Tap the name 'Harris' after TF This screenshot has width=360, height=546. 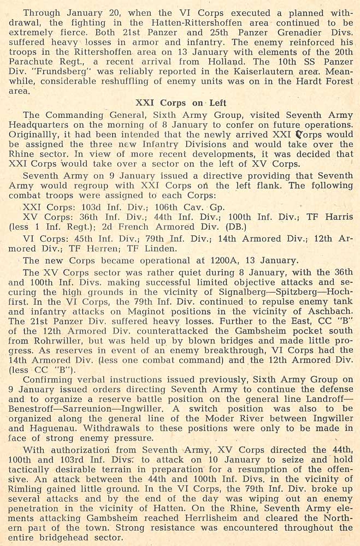(x=338, y=217)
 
